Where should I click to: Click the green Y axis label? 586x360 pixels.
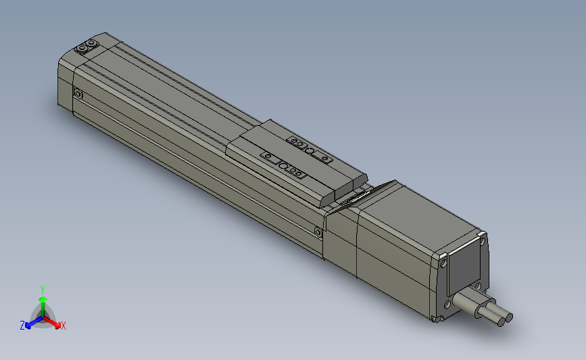pyautogui.click(x=42, y=288)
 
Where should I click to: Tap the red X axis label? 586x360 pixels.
pyautogui.click(x=64, y=326)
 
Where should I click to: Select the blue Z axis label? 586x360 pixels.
pyautogui.click(x=22, y=326)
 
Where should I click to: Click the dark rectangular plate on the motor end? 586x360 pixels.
pyautogui.click(x=464, y=269)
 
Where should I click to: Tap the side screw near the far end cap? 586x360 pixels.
pyautogui.click(x=77, y=95)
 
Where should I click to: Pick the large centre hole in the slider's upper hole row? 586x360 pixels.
pyautogui.click(x=310, y=151)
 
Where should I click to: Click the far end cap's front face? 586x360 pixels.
pyautogui.click(x=65, y=84)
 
